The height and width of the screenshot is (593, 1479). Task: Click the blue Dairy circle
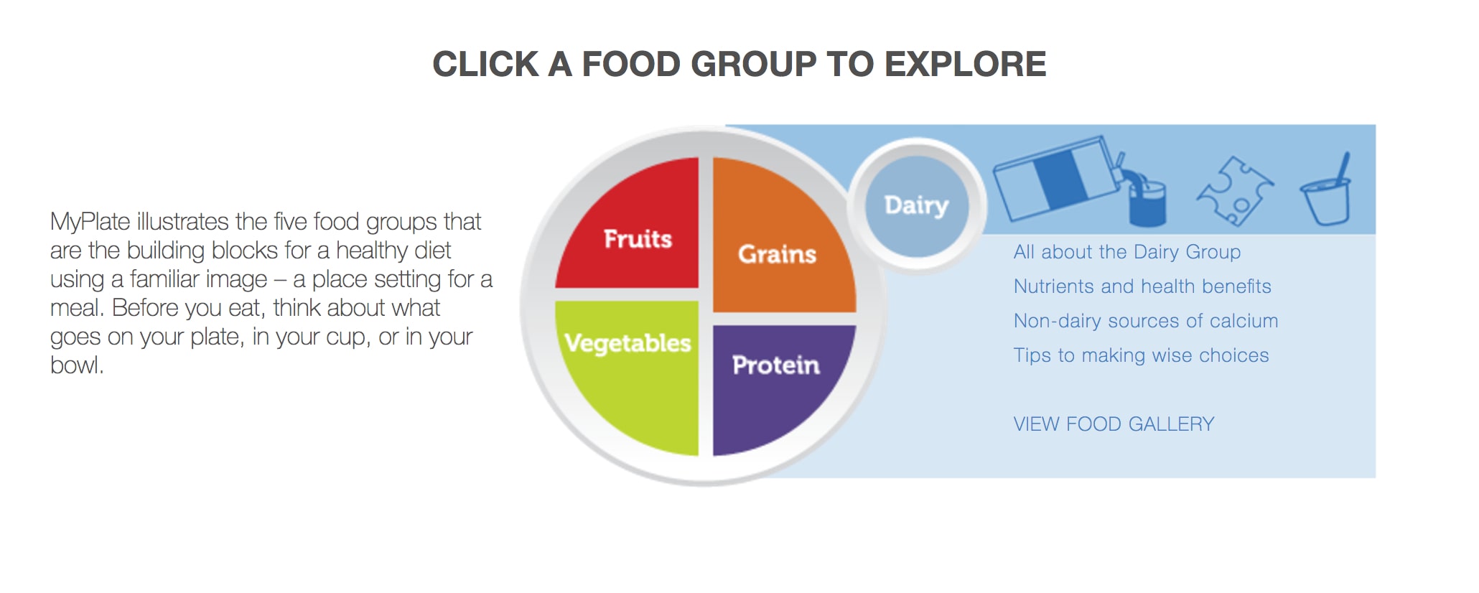pos(917,206)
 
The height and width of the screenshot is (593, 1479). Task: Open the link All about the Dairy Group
pos(1127,252)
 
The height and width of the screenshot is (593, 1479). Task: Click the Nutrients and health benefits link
pos(1142,286)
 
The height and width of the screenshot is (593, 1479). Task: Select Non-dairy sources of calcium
pos(1146,321)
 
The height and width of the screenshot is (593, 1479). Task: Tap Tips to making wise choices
pos(1142,355)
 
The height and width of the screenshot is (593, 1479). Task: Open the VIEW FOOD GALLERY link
pos(1114,424)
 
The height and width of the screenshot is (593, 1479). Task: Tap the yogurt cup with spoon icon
pos(1327,190)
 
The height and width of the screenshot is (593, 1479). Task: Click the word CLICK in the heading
pos(485,65)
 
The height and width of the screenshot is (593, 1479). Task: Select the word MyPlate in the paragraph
pos(90,223)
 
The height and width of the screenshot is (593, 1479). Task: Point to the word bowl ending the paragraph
pos(75,365)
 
